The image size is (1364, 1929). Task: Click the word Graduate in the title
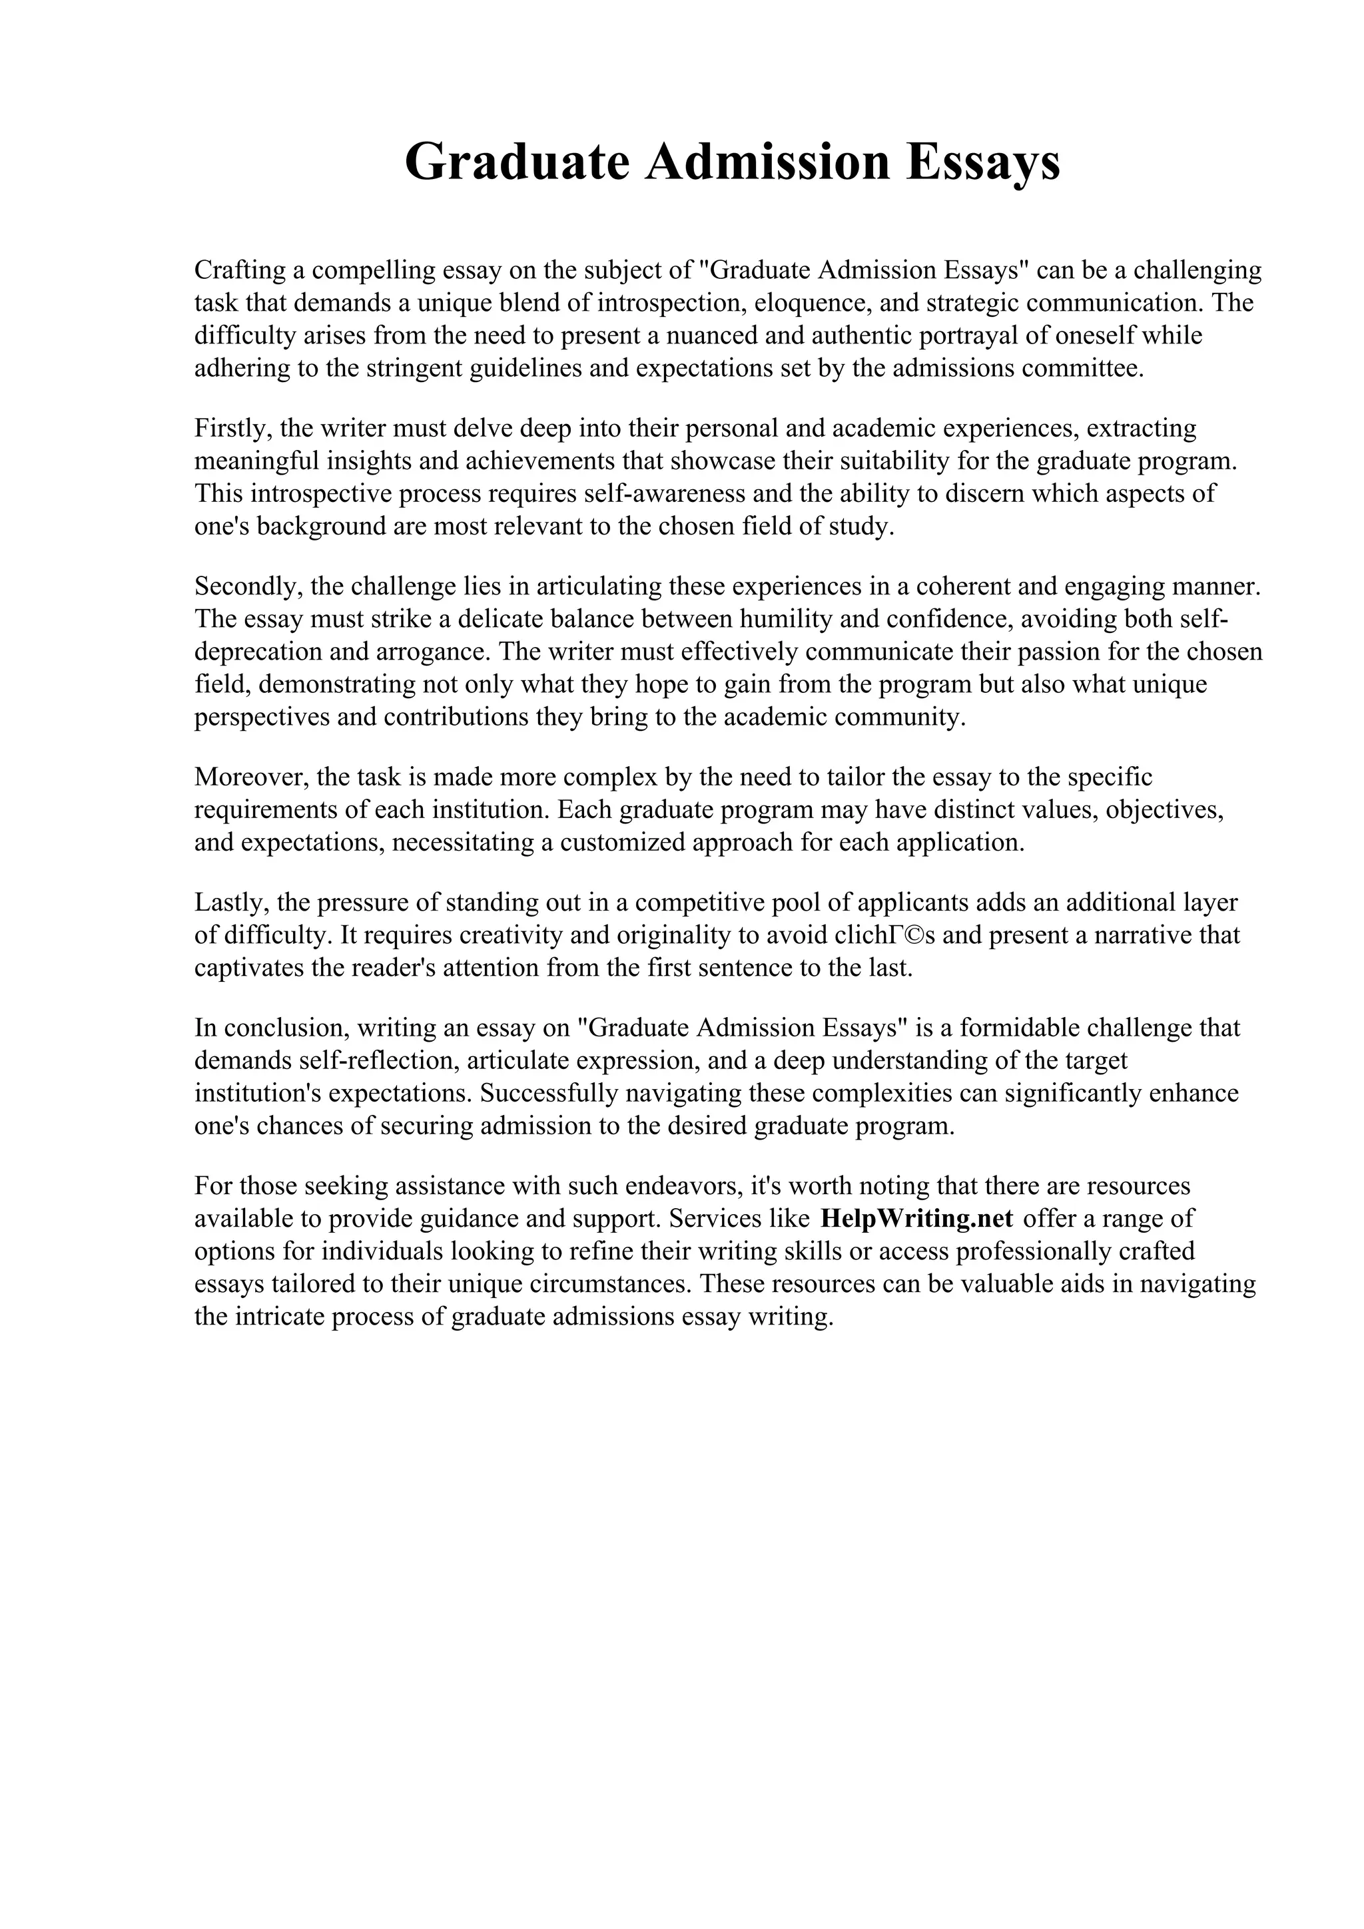[x=516, y=163]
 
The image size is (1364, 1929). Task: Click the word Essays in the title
[x=982, y=163]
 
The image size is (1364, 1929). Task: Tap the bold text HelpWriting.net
[x=916, y=1218]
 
